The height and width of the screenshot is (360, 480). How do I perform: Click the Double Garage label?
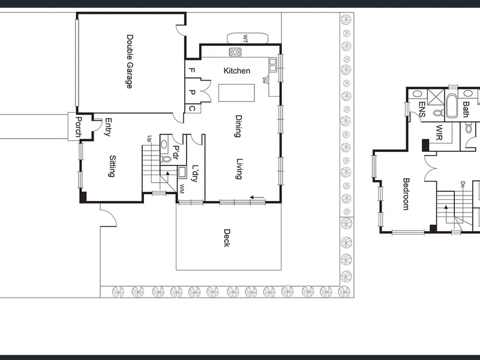(x=130, y=62)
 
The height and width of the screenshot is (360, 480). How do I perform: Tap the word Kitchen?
(x=236, y=71)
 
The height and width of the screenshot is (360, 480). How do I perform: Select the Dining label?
(x=238, y=126)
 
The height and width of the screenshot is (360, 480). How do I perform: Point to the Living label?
(x=239, y=169)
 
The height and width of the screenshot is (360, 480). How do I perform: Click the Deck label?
(x=227, y=238)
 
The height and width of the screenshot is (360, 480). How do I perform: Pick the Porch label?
(x=79, y=127)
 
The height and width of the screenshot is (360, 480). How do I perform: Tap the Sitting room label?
(x=112, y=166)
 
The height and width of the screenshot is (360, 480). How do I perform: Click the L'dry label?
(x=195, y=173)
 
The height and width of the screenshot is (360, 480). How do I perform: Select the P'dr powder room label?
(x=176, y=152)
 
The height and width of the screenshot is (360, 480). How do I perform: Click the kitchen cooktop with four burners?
(x=235, y=52)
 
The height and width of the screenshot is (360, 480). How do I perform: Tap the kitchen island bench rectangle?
(x=236, y=93)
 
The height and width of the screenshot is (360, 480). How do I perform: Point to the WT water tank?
(x=247, y=38)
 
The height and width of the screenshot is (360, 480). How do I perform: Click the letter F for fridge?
(x=191, y=70)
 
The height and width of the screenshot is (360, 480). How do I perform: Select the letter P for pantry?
(x=192, y=92)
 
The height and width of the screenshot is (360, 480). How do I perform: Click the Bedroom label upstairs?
(x=406, y=194)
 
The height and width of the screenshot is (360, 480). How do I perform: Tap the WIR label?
(x=439, y=132)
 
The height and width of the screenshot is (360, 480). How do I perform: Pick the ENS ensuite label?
(x=422, y=109)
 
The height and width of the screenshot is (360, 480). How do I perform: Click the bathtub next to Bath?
(x=452, y=106)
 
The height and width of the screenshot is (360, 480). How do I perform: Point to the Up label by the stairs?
(x=149, y=139)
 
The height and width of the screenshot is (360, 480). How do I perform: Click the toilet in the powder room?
(x=166, y=159)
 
